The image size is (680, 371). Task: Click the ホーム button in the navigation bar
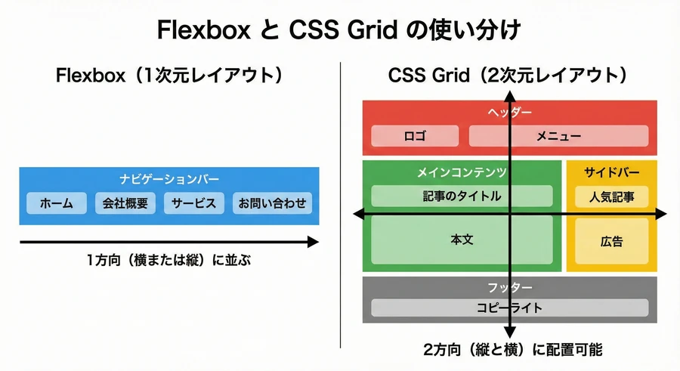coord(57,203)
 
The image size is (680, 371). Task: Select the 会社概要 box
coord(125,203)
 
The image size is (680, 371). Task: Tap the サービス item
coord(193,203)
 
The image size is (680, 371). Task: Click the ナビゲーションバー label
coord(169,179)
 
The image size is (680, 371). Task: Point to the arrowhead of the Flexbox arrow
coord(313,242)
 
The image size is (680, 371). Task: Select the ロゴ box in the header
coord(416,136)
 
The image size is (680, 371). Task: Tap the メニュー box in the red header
coord(558,136)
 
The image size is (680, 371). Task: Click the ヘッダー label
coord(511,113)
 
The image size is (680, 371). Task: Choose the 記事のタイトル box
coord(462,196)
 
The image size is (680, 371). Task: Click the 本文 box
coord(462,240)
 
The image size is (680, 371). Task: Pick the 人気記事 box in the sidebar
coord(611,197)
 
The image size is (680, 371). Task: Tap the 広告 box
coord(611,242)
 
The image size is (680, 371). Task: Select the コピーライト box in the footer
coord(509,308)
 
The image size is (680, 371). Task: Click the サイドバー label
coord(611,173)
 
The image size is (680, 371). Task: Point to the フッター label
coord(511,288)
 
